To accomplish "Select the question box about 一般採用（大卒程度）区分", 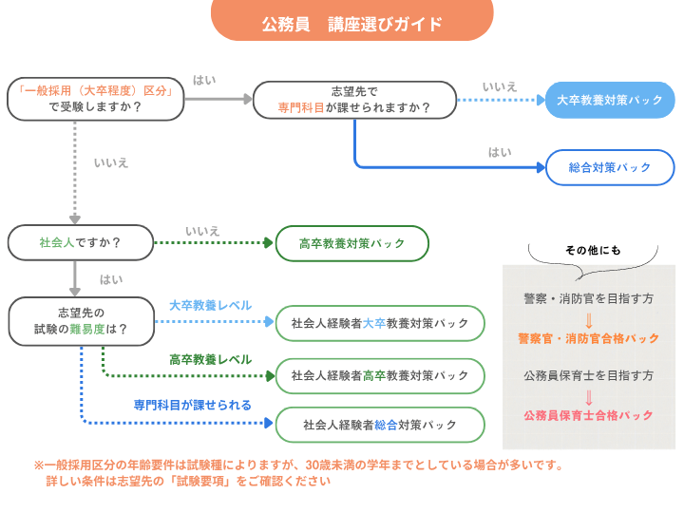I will [95, 99].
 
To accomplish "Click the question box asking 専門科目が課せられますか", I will [353, 99].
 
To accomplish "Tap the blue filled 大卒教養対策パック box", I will [610, 100].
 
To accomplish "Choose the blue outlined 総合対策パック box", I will [610, 167].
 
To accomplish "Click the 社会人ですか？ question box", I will [80, 242].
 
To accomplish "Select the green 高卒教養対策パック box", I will [352, 243].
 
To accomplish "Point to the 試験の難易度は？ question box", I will [80, 321].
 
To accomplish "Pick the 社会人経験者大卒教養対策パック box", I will [380, 323].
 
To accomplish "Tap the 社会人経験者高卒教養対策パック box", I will [380, 375].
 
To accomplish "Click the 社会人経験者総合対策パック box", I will [380, 424].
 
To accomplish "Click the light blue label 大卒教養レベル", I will [210, 306].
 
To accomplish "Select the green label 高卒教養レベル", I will [210, 360].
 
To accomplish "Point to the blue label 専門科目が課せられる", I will [193, 405].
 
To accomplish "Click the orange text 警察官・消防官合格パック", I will [588, 338].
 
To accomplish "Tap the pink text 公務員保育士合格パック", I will [588, 416].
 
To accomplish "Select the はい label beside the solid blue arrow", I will [500, 152].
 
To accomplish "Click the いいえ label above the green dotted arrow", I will [202, 231].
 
